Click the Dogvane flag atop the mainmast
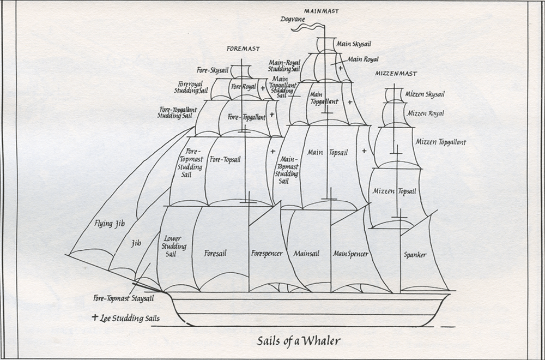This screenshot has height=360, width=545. coord(308,26)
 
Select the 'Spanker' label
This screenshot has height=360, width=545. coord(415,254)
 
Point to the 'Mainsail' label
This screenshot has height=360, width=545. coord(305,254)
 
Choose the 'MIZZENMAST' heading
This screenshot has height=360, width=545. coord(396,73)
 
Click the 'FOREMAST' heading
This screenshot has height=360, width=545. coord(243,49)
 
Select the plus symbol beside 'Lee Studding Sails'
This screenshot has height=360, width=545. coord(96,317)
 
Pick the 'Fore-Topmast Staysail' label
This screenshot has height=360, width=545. coord(123,298)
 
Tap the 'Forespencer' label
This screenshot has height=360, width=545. coord(267,254)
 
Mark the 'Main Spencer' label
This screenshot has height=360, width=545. coord(350,254)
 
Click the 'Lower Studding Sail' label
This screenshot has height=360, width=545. coord(175,247)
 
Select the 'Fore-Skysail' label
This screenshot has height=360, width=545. coord(213,69)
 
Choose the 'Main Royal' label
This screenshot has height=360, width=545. coord(363,59)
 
